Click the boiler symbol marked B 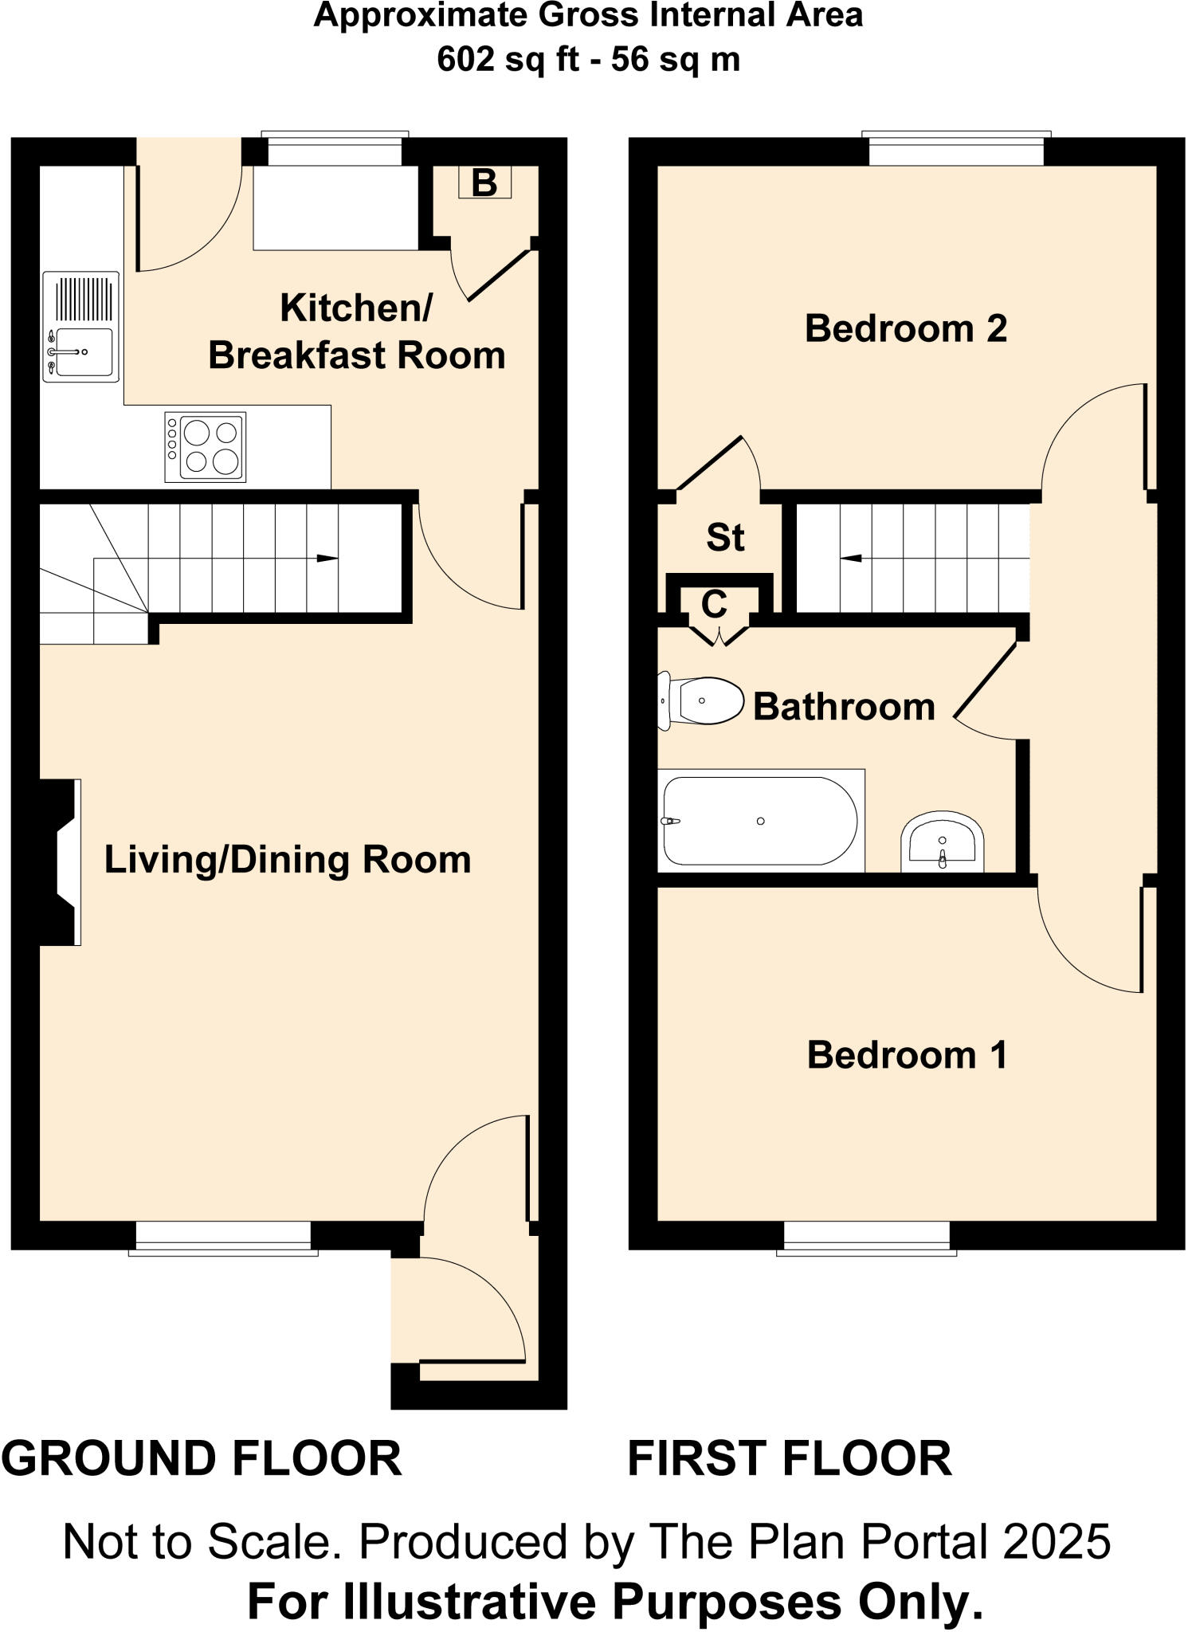(x=484, y=182)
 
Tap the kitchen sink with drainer (x=80, y=328)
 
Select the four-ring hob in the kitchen (x=206, y=447)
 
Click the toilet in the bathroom (x=700, y=701)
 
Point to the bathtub (x=760, y=822)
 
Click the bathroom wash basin (x=943, y=843)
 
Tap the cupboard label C (x=715, y=605)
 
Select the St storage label (x=725, y=538)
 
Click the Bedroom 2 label (x=906, y=328)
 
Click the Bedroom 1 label (x=908, y=1055)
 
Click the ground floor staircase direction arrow (x=327, y=559)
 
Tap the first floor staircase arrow (x=851, y=558)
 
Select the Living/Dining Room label (x=288, y=860)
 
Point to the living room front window (x=223, y=1237)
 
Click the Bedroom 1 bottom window (x=867, y=1237)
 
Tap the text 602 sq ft (x=508, y=60)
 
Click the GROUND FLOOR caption (x=202, y=1459)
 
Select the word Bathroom (x=844, y=707)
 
